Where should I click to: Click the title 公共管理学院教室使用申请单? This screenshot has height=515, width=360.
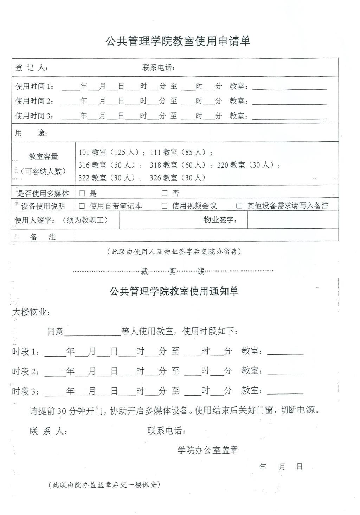pos(178,41)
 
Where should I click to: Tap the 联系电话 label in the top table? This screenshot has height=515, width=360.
pos(159,67)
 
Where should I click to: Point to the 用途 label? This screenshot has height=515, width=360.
pos(31,133)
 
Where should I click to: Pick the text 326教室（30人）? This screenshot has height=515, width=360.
pos(178,178)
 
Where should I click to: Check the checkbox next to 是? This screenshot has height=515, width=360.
pos(82,193)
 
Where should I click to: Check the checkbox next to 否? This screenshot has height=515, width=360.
pos(165,193)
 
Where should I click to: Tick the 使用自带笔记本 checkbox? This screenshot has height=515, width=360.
pos(82,206)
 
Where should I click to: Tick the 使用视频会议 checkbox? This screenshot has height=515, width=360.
pos(165,206)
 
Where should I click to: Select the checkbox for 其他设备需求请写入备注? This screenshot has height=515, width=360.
pos(239,206)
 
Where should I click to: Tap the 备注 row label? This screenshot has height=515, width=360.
pos(43,237)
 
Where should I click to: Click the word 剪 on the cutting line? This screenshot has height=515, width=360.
pos(173,271)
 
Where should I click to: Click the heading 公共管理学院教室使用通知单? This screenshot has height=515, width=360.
pos(174,291)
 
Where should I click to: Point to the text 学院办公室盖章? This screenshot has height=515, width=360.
pos(207,450)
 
